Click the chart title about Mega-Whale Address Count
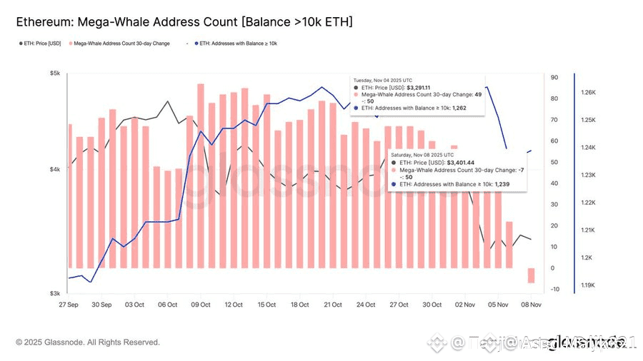coord(184,22)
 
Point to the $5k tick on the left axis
coord(55,73)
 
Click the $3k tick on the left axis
coord(55,293)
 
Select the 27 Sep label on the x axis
coord(69,305)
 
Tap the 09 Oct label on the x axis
coord(201,305)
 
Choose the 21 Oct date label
coord(333,305)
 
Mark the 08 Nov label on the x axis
coord(530,305)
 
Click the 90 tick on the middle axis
coord(554,78)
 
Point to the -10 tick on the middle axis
coord(555,289)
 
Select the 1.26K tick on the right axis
coord(588,92)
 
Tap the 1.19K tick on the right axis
coord(588,285)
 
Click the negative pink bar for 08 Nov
coord(531,275)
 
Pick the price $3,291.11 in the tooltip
coord(414,88)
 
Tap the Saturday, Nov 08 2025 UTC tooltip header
coord(422,154)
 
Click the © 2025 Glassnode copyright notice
coord(88,342)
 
